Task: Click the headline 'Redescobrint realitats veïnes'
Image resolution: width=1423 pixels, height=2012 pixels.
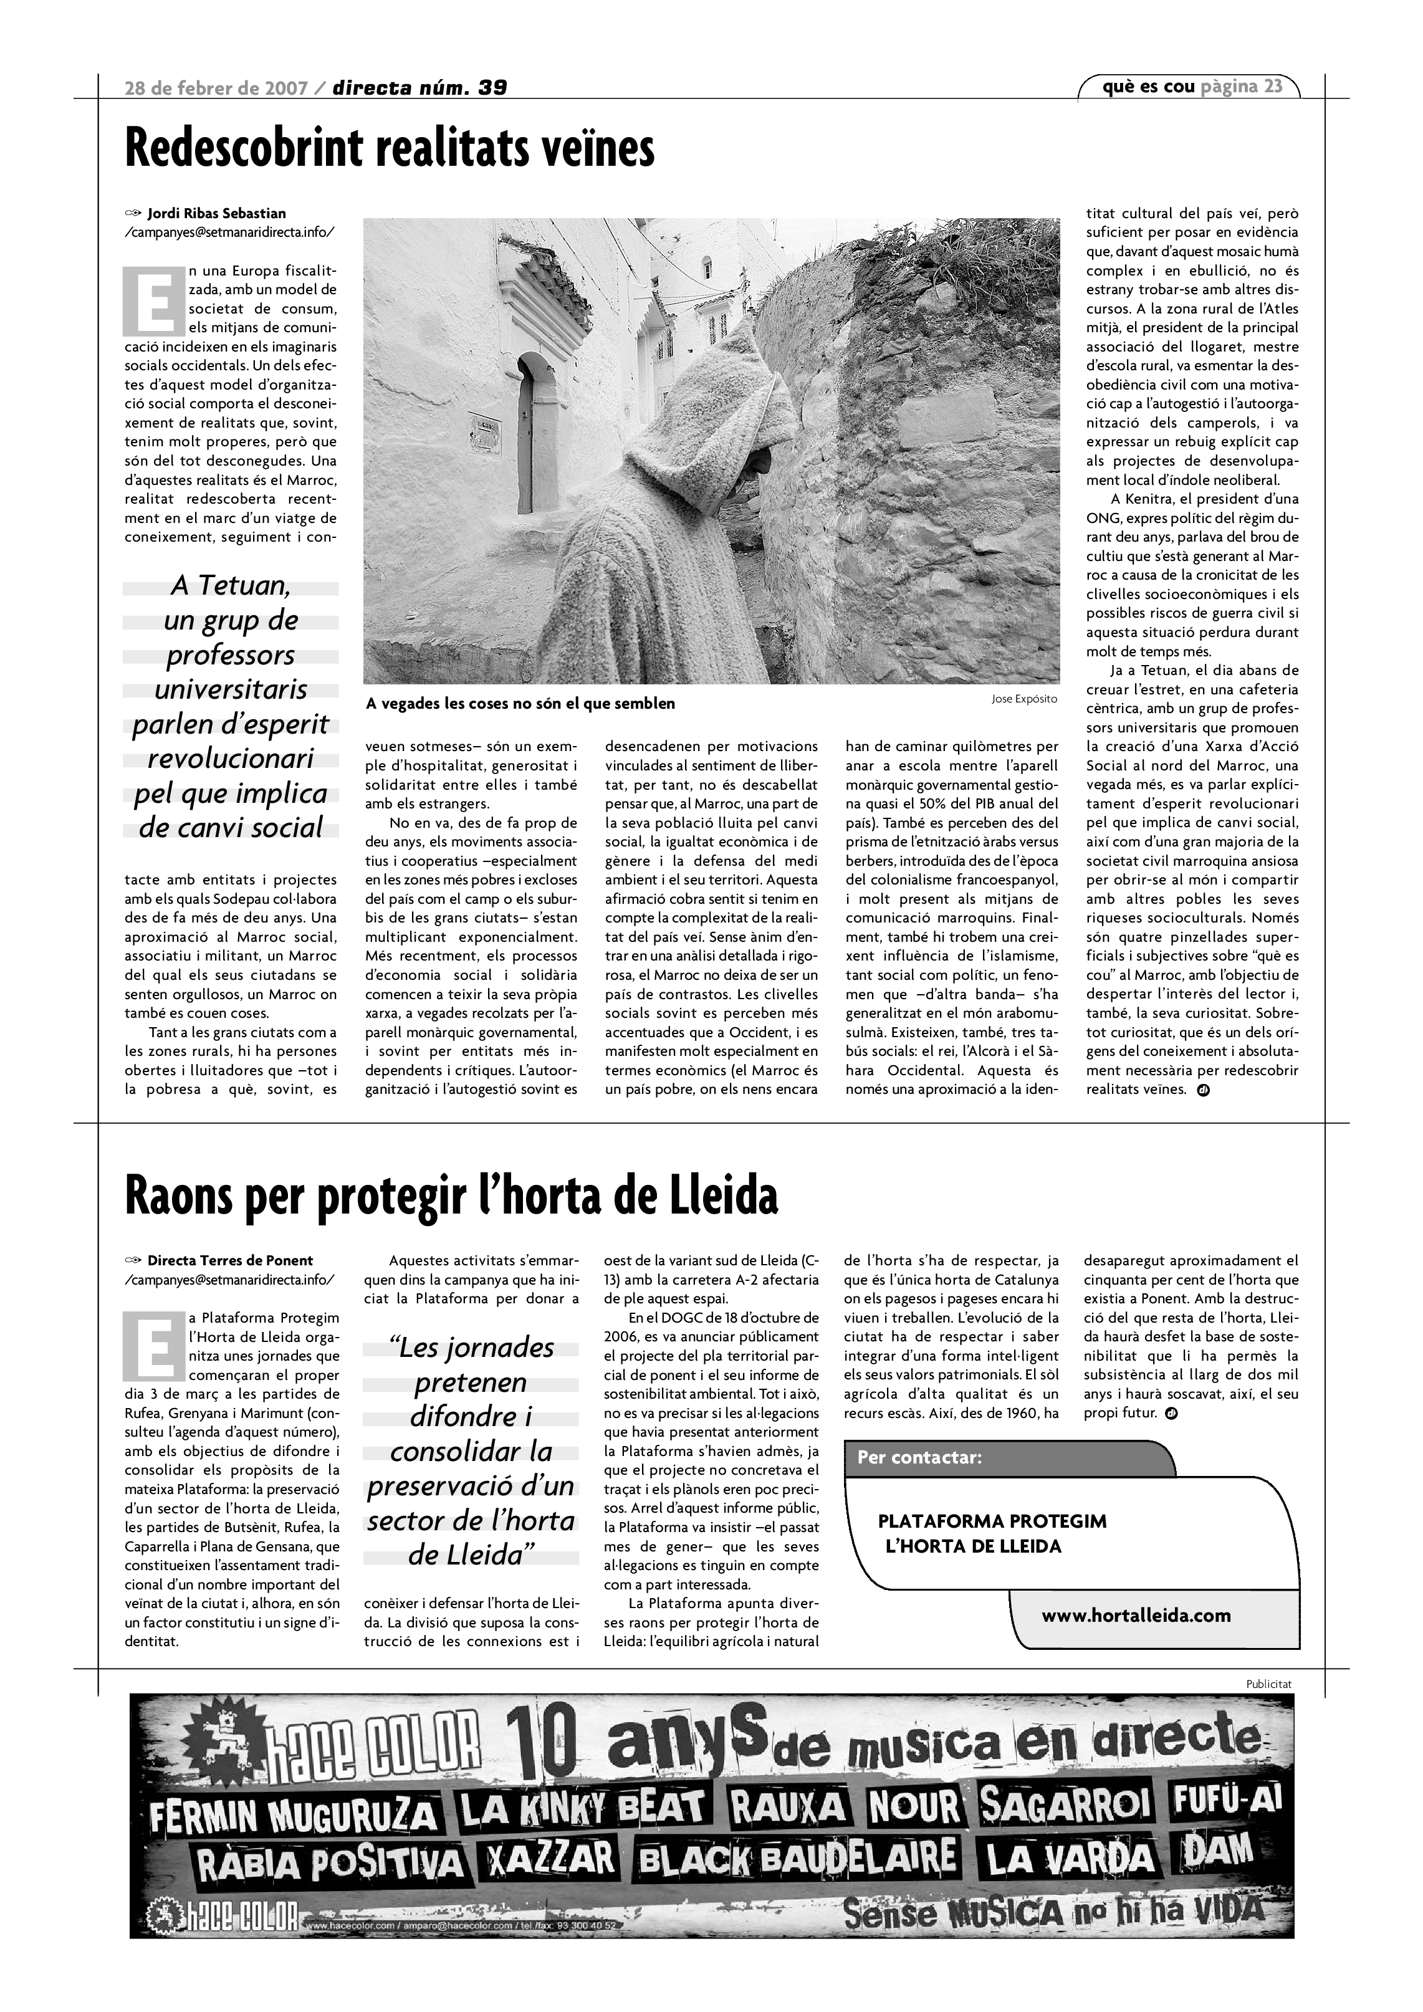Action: pyautogui.click(x=390, y=149)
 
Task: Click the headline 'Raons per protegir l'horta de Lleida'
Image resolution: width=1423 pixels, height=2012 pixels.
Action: pyautogui.click(x=451, y=1196)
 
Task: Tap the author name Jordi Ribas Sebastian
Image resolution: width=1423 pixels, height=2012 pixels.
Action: pyautogui.click(x=216, y=213)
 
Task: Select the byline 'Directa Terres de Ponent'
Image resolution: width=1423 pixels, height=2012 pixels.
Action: pyautogui.click(x=229, y=1261)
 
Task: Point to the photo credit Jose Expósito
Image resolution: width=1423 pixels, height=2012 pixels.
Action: pyautogui.click(x=1024, y=699)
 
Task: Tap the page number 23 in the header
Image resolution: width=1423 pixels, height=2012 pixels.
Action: pyautogui.click(x=1273, y=86)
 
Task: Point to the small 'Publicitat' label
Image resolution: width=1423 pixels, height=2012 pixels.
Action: pyautogui.click(x=1268, y=1684)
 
